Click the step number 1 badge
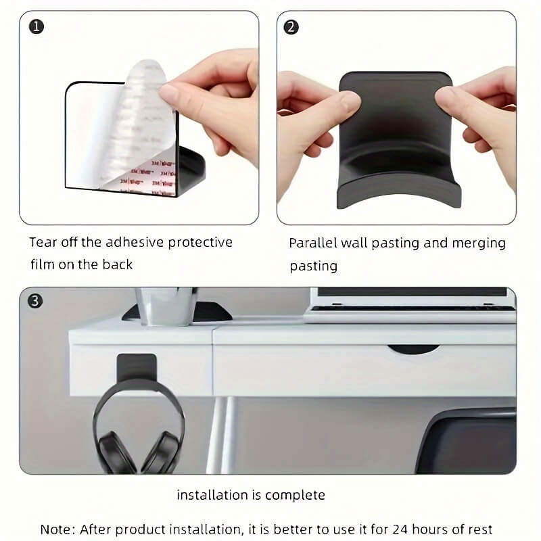35,27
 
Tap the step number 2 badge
291,27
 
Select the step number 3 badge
35,300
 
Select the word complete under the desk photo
295,495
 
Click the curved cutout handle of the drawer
413,349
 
